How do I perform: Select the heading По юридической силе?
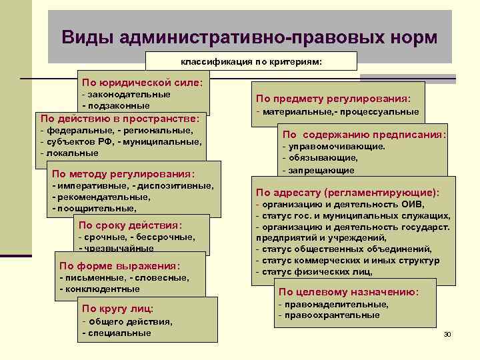[143, 83]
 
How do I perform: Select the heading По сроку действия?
[130, 225]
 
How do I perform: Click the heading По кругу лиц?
[117, 308]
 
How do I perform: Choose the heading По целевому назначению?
[349, 292]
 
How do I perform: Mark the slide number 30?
[447, 333]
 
